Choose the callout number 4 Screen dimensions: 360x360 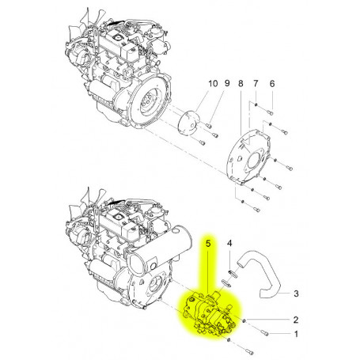230,243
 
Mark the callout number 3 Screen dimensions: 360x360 296,293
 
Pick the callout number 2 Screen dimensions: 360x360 296,320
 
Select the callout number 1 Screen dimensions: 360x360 296,335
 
